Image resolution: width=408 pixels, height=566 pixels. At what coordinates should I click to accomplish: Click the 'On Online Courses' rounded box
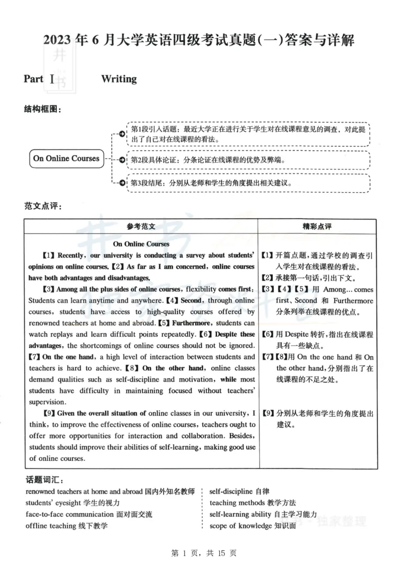(66, 158)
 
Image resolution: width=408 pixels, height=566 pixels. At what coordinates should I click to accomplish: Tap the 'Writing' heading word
(119, 79)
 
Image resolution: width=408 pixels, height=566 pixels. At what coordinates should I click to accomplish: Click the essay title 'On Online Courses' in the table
(141, 244)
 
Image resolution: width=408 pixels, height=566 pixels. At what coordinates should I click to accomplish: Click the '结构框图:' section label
(43, 109)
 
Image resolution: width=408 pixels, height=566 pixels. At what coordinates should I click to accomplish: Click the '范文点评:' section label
(43, 206)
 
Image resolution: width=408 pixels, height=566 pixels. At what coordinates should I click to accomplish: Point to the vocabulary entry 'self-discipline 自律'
(240, 492)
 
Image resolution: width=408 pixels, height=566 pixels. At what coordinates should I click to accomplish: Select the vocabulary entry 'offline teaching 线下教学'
(67, 526)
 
